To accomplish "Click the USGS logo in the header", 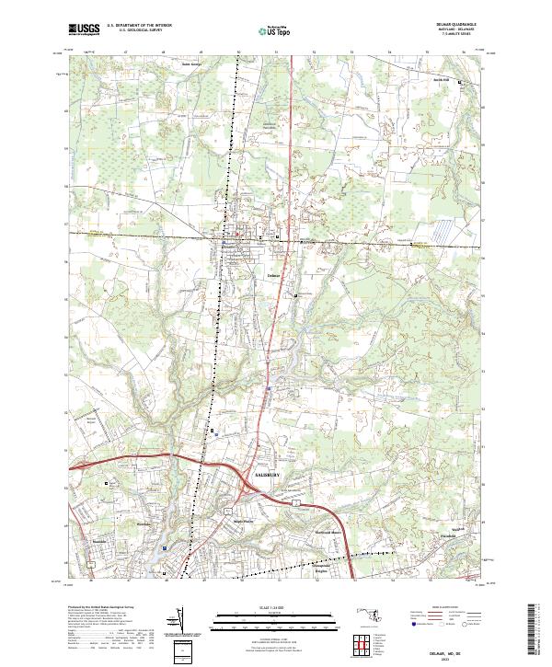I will tap(85, 29).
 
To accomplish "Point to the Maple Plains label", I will tap(241, 520).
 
